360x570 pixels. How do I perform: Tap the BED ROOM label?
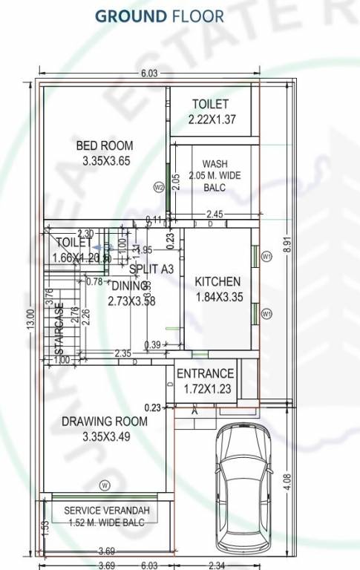click(x=105, y=145)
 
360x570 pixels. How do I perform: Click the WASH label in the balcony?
click(x=215, y=164)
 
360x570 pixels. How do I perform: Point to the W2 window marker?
click(x=158, y=187)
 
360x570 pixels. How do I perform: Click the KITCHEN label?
click(x=217, y=281)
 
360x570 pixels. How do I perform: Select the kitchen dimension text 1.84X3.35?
click(x=217, y=297)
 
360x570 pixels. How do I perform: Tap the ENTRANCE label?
click(x=206, y=373)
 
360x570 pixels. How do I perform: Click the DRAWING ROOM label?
click(x=105, y=422)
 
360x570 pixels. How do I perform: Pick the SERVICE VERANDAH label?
click(x=106, y=511)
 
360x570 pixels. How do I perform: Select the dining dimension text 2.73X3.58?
click(x=131, y=301)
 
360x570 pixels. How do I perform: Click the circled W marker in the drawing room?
click(x=105, y=485)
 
